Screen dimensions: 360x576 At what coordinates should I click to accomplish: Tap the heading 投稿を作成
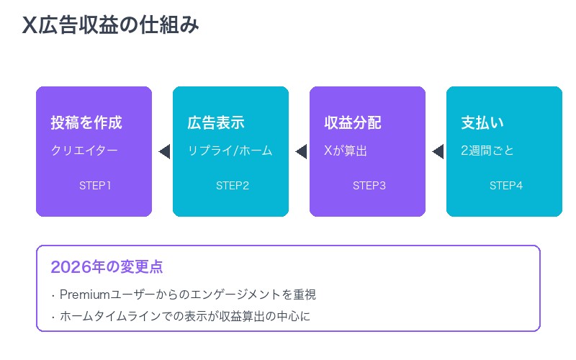click(x=86, y=122)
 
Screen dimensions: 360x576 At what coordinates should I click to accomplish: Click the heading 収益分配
click(x=353, y=122)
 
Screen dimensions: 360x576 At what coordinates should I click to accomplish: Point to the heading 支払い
click(x=482, y=122)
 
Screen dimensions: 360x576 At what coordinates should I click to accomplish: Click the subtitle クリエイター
click(x=84, y=151)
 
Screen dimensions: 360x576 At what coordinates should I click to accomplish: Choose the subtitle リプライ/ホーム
click(x=230, y=151)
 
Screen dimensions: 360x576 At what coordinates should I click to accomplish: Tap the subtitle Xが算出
click(x=346, y=151)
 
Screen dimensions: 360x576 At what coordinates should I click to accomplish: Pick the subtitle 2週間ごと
click(x=487, y=151)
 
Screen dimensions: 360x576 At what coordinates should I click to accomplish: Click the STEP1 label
click(x=95, y=186)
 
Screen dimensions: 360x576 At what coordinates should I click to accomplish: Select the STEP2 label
click(x=232, y=186)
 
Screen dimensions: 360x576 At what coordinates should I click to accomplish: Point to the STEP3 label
click(x=369, y=186)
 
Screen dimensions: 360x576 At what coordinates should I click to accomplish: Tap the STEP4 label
click(x=505, y=186)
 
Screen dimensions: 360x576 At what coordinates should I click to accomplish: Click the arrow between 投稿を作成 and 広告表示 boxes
click(x=163, y=151)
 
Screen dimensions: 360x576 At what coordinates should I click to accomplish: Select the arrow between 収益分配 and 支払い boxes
click(x=437, y=151)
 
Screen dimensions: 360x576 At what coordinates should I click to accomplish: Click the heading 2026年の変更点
click(x=107, y=267)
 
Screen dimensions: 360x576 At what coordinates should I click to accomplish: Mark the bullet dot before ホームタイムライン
click(x=53, y=316)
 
